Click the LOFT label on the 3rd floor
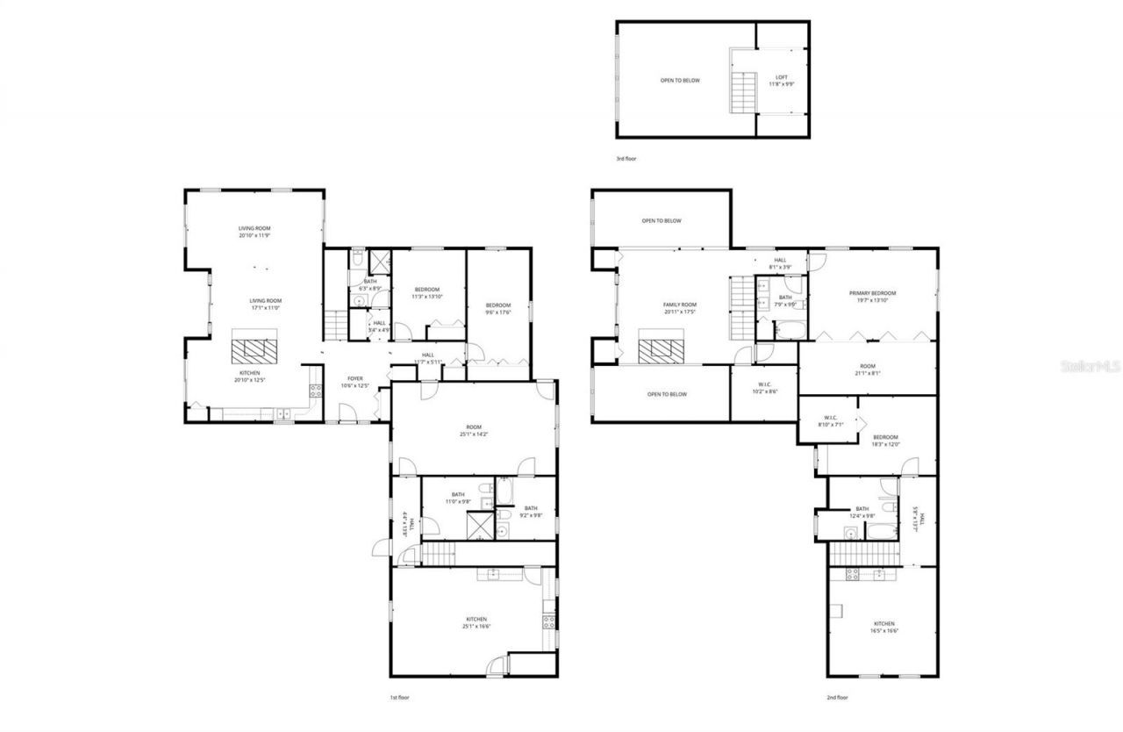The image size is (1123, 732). pyautogui.click(x=781, y=80)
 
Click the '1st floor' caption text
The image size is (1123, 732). pyautogui.click(x=399, y=698)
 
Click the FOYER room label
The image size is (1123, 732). pyautogui.click(x=354, y=382)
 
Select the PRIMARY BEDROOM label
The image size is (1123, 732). pyautogui.click(x=872, y=297)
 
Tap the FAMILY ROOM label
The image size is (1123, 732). pyautogui.click(x=679, y=307)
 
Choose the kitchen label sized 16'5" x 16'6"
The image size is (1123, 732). pyautogui.click(x=883, y=627)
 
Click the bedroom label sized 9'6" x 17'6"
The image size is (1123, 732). pyautogui.click(x=497, y=308)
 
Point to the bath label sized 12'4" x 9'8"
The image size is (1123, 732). pyautogui.click(x=862, y=512)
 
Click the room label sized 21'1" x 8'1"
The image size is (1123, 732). pyautogui.click(x=867, y=370)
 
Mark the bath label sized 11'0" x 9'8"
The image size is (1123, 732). pyautogui.click(x=457, y=498)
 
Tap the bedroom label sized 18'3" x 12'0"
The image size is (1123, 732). pyautogui.click(x=884, y=441)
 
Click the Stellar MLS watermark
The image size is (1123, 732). pyautogui.click(x=1089, y=366)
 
